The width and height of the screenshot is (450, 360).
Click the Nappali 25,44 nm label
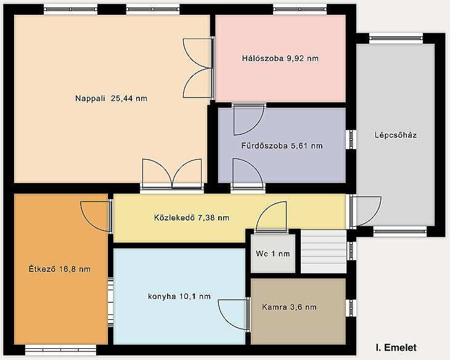111,99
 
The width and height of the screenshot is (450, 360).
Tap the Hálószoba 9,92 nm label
280,59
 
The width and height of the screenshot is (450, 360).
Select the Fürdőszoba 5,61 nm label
282,146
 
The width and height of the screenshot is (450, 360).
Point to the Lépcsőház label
396,135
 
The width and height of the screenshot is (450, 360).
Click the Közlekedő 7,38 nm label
192,218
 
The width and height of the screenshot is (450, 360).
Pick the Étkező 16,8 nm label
60,269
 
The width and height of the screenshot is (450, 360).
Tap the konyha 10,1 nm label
179,297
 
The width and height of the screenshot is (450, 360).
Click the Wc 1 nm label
272,253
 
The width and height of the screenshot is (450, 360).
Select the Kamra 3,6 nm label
289,307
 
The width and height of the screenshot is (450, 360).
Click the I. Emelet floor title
396,348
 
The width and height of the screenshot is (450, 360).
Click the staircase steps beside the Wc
324,251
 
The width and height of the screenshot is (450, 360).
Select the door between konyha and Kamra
234,314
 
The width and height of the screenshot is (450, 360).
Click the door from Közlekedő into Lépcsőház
366,211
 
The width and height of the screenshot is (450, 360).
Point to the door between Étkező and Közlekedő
96,216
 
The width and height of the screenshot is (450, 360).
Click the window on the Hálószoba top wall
300,9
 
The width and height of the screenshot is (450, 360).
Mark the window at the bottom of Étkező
60,350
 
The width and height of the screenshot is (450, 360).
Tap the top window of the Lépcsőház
396,38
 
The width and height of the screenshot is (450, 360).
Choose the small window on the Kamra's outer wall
351,308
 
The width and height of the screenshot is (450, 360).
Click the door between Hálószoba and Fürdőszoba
248,119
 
